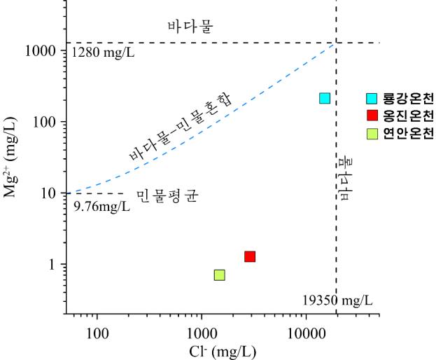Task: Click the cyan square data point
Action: (x=325, y=98)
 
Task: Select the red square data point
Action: (x=250, y=256)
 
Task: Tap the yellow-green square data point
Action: (x=219, y=275)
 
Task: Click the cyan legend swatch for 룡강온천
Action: (x=372, y=98)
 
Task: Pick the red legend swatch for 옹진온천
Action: (x=372, y=116)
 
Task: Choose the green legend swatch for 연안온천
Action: (x=372, y=133)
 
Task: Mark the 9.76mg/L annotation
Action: (x=101, y=207)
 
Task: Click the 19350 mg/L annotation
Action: (x=337, y=300)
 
